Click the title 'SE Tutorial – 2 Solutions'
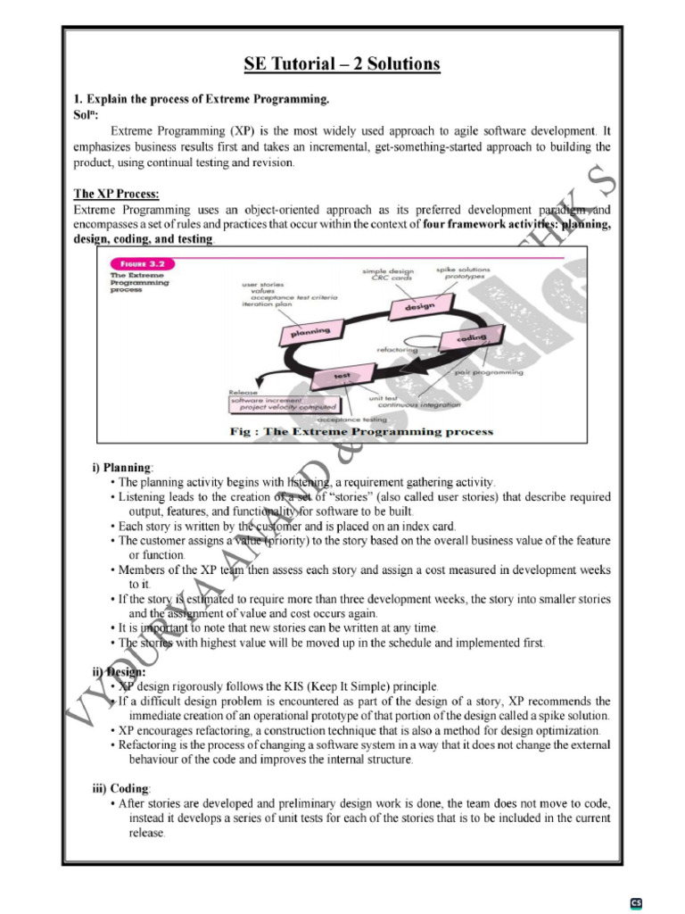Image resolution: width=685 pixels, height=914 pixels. tap(342, 64)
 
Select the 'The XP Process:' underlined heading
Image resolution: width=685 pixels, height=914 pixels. tap(116, 194)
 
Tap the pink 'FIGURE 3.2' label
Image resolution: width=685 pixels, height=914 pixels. tap(142, 264)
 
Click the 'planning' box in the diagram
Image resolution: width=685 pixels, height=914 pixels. tap(306, 333)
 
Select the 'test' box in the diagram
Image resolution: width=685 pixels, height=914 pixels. tap(342, 376)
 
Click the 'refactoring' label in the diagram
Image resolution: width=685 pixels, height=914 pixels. tap(397, 350)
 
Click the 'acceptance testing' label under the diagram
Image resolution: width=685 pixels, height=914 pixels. tap(352, 419)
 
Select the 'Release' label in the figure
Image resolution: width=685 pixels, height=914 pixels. tap(243, 392)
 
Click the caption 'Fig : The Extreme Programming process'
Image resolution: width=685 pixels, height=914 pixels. tap(361, 432)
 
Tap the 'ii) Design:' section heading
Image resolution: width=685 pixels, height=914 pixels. tap(121, 672)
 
